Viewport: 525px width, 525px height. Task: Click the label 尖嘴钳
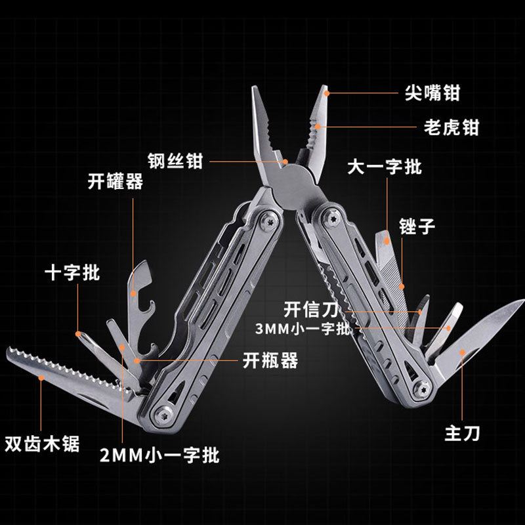pos(432,93)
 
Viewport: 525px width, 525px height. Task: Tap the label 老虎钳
pos(451,127)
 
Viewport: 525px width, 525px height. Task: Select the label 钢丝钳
pos(175,161)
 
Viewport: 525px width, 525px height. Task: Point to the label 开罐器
pos(115,182)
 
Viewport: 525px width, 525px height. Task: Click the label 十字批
pos(72,272)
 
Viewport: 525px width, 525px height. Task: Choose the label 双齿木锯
pos(42,444)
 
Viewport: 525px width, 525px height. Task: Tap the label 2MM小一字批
pos(159,455)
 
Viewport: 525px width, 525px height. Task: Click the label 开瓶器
pos(270,360)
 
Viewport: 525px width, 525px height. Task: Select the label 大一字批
pos(385,167)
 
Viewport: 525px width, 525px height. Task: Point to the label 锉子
pos(417,226)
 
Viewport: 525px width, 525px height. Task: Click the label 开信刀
pos(311,309)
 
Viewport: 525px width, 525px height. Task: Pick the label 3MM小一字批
pos(303,329)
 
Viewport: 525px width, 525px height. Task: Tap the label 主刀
pos(463,433)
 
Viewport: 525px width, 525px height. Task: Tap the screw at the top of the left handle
pos(270,221)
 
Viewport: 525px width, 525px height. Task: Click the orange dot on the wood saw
pos(41,378)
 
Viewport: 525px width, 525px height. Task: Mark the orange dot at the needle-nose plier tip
pos(327,93)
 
